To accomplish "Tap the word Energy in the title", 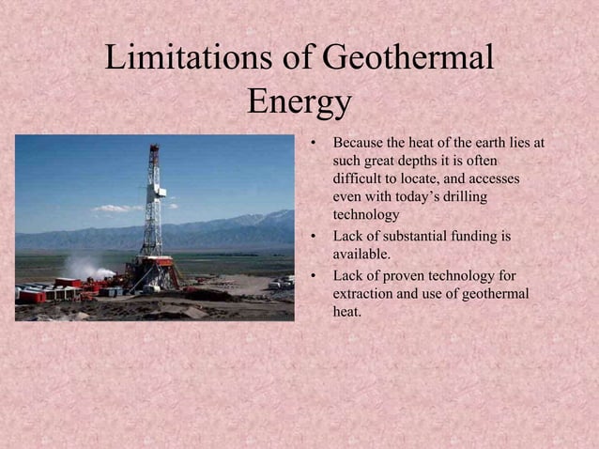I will tap(299, 101).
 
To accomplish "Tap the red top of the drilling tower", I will tap(154, 147).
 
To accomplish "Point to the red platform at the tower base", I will tap(156, 261).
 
